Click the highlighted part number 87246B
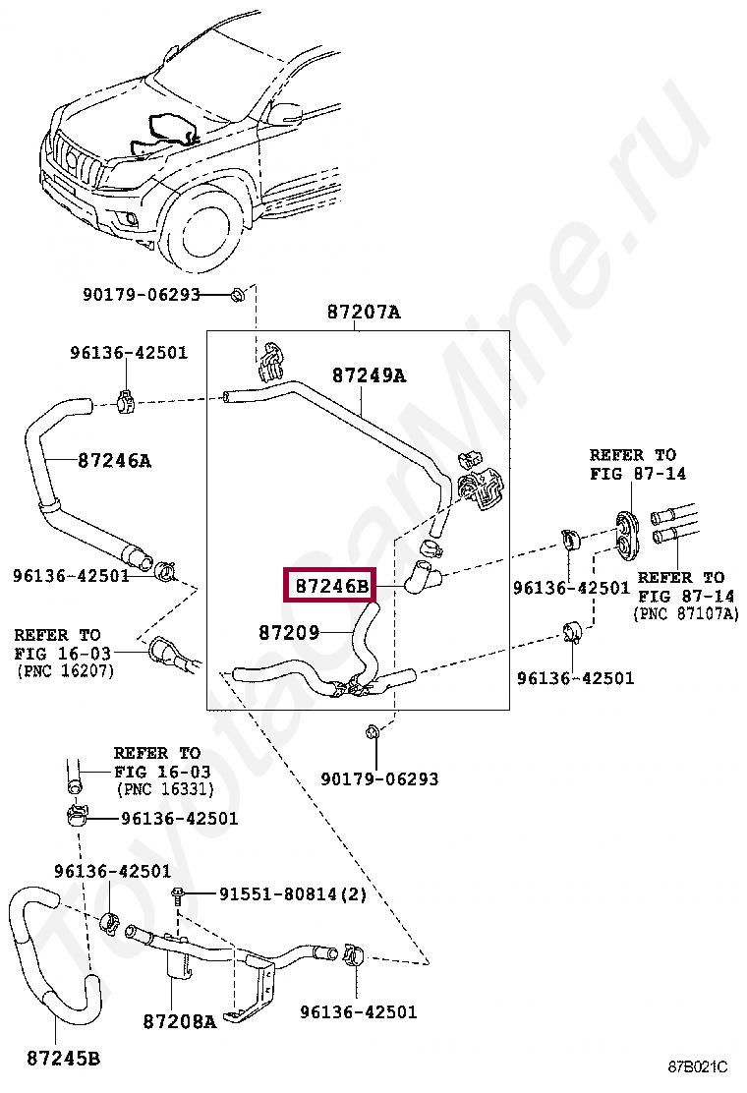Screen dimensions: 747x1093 pyautogui.click(x=331, y=586)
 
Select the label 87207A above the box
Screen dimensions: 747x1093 pyautogui.click(x=364, y=313)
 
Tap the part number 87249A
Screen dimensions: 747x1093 pyautogui.click(x=369, y=375)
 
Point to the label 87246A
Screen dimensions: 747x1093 pyautogui.click(x=114, y=461)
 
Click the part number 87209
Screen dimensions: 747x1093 pyautogui.click(x=289, y=632)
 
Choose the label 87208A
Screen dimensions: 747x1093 pyautogui.click(x=180, y=1021)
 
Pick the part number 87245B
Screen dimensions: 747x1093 pyautogui.click(x=64, y=1059)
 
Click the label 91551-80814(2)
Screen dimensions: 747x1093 pyautogui.click(x=293, y=893)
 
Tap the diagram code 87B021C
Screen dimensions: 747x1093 pyautogui.click(x=698, y=1066)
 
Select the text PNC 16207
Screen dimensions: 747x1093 pyautogui.click(x=64, y=671)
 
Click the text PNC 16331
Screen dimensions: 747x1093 pyautogui.click(x=164, y=790)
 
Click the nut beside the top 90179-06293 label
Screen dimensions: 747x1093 pyautogui.click(x=237, y=295)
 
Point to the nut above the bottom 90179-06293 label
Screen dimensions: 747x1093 pyautogui.click(x=373, y=732)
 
